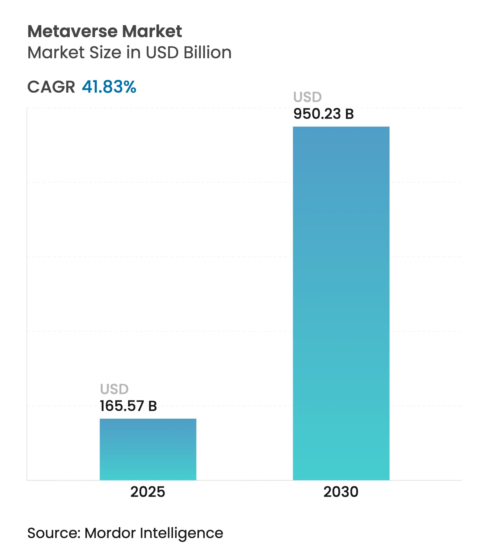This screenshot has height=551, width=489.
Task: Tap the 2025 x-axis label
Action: tap(148, 492)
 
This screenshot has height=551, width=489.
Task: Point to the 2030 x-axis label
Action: tap(341, 492)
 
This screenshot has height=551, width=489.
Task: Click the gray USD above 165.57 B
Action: tap(114, 389)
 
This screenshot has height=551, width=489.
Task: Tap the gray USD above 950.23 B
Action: tap(308, 97)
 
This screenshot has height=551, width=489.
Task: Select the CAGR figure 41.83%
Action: tap(109, 87)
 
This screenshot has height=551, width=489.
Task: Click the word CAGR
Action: tap(51, 87)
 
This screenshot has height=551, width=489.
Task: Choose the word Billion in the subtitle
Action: tap(208, 53)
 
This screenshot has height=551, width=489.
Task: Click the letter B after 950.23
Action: tap(349, 114)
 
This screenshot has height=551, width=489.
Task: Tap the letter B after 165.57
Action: tap(153, 406)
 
